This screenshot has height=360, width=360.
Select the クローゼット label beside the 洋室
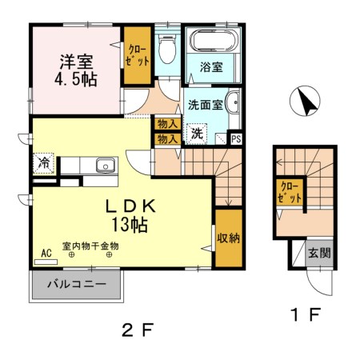(137, 55)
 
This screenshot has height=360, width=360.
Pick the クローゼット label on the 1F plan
(287, 194)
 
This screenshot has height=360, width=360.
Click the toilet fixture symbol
(166, 51)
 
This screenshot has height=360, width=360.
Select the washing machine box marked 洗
(196, 134)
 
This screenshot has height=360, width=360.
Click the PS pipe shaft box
(236, 138)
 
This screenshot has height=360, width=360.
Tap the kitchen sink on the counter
(105, 166)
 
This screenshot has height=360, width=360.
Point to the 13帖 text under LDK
(130, 225)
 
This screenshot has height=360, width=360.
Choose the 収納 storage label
(228, 238)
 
